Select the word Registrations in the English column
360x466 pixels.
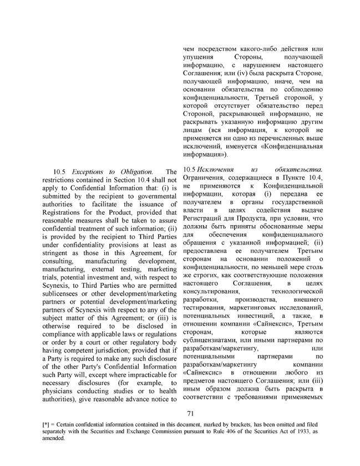pos(64,212)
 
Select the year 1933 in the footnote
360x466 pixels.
pos(302,430)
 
